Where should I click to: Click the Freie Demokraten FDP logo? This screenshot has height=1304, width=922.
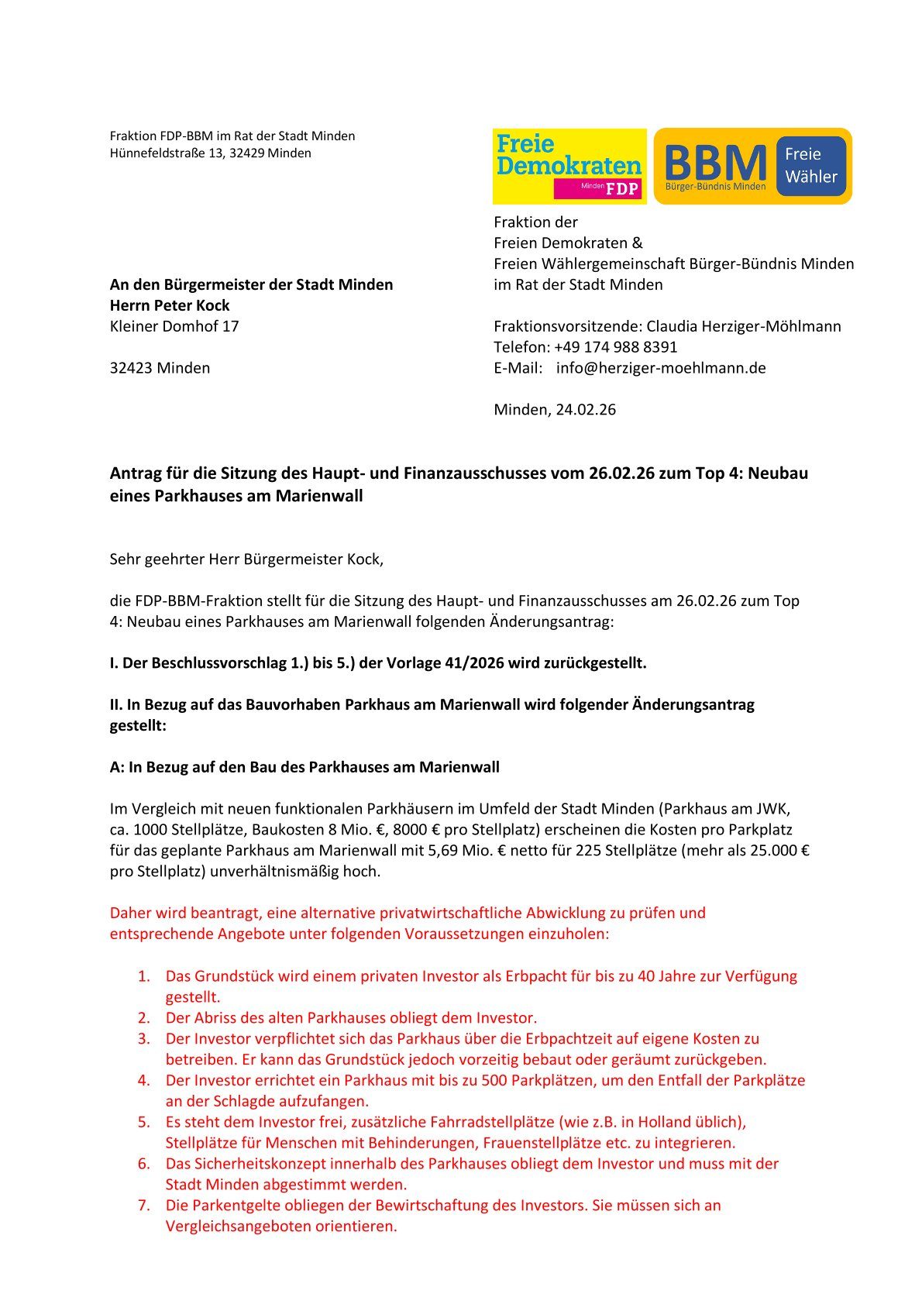pos(569,166)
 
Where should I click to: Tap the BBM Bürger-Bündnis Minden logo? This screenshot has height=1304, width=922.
pos(715,167)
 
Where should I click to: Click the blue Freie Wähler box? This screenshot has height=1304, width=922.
pos(811,166)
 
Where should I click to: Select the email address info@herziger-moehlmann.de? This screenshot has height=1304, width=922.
pos(661,368)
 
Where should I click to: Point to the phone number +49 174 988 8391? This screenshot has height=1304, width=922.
pos(616,347)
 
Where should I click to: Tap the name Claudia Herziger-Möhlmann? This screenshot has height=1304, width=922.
pos(744,326)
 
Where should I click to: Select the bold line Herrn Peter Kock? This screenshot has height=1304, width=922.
pos(170,305)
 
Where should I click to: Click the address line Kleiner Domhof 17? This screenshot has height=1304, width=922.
pos(174,326)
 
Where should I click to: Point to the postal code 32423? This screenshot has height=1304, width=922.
pos(131,368)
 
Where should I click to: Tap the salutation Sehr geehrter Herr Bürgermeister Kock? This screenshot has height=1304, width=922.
pos(246,559)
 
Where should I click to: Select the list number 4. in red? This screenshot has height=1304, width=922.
pos(144,1081)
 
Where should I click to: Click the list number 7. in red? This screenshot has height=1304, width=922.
pos(144,1206)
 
